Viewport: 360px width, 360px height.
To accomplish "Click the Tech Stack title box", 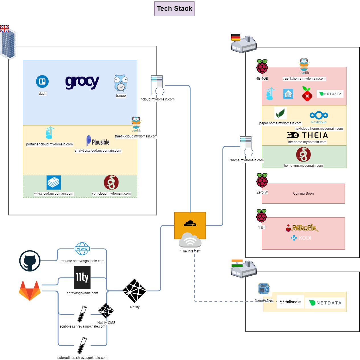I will click(174, 9).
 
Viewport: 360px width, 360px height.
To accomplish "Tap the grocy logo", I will click(82, 82).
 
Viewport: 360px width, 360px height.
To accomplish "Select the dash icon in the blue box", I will click(42, 82).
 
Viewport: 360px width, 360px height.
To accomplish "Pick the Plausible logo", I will click(98, 141).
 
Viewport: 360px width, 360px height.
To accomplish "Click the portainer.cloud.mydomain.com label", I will click(49, 144).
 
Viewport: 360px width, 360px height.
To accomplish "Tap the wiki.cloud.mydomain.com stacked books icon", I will click(54, 182).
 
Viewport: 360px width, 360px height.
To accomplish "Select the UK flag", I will click(5, 29).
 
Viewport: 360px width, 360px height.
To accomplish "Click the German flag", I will click(236, 37).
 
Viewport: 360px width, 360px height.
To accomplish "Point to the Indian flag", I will click(237, 263).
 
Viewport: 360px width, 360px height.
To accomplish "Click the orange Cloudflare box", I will click(190, 222).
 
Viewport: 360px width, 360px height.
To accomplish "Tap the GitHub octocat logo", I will click(30, 261).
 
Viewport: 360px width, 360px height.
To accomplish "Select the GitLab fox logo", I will click(30, 290).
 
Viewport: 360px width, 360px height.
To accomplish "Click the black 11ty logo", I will click(82, 277).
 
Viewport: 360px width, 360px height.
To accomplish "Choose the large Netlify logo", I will click(134, 291).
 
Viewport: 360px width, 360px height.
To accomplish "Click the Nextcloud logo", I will click(319, 117).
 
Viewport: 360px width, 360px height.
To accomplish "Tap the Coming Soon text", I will click(303, 194).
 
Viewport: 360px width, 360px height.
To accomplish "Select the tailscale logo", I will click(290, 302).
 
